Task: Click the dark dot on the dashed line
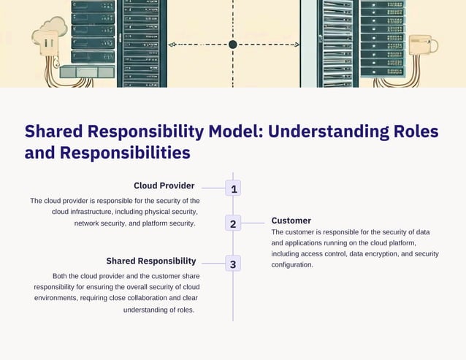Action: pyautogui.click(x=233, y=45)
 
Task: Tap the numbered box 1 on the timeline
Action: pyautogui.click(x=233, y=189)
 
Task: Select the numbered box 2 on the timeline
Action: pyautogui.click(x=233, y=223)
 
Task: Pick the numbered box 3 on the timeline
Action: pyautogui.click(x=233, y=264)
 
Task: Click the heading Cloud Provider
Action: pyautogui.click(x=164, y=185)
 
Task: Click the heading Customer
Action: pyautogui.click(x=291, y=221)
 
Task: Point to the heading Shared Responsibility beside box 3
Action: pyautogui.click(x=150, y=261)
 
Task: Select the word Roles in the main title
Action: pyautogui.click(x=416, y=131)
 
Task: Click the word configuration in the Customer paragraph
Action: pyautogui.click(x=291, y=265)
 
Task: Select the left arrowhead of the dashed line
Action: pyautogui.click(x=173, y=45)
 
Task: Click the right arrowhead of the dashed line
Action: pyautogui.click(x=296, y=45)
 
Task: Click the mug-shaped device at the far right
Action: pyautogui.click(x=423, y=45)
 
